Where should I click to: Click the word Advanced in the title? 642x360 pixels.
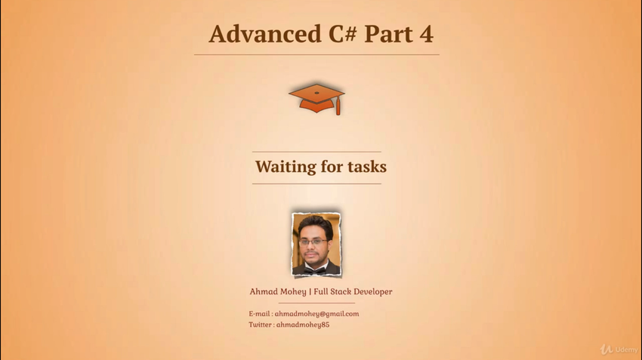pyautogui.click(x=265, y=33)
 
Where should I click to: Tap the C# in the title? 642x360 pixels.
pyautogui.click(x=342, y=33)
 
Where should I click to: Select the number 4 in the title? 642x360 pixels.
pyautogui.click(x=426, y=34)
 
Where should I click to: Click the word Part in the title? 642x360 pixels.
pyautogui.click(x=388, y=34)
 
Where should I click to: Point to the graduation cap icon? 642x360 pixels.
pyautogui.click(x=316, y=99)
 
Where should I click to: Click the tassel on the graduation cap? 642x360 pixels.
pyautogui.click(x=338, y=106)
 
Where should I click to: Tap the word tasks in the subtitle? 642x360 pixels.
pyautogui.click(x=367, y=167)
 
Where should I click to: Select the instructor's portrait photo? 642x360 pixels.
pyautogui.click(x=316, y=245)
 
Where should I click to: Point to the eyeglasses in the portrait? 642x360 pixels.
pyautogui.click(x=313, y=242)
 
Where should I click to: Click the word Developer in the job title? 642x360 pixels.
pyautogui.click(x=372, y=291)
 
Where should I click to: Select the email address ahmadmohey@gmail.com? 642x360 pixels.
pyautogui.click(x=316, y=314)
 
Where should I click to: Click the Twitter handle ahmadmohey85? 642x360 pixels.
pyautogui.click(x=303, y=325)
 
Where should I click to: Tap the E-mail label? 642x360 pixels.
pyautogui.click(x=260, y=314)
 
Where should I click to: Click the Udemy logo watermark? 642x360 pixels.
pyautogui.click(x=619, y=349)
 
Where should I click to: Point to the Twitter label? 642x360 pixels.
pyautogui.click(x=261, y=325)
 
